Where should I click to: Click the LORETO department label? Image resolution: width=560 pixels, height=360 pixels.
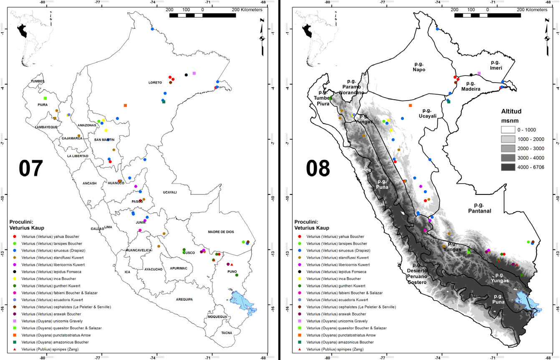click(155, 83)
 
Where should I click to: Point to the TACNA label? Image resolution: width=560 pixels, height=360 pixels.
click(227, 332)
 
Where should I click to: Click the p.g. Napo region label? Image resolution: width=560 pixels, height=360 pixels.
click(419, 67)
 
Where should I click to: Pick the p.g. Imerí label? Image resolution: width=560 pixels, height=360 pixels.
click(497, 65)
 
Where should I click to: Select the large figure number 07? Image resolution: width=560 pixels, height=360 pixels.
click(31, 168)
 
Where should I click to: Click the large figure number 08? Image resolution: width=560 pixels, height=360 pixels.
click(318, 168)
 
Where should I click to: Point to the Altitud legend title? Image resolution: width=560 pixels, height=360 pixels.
click(511, 111)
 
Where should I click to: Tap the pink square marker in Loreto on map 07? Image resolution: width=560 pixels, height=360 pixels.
click(194, 73)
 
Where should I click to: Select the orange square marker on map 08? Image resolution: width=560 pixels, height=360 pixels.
click(411, 106)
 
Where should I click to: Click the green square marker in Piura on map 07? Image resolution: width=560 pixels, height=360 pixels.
click(45, 98)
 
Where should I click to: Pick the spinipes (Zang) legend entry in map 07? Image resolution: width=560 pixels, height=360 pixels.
click(61, 349)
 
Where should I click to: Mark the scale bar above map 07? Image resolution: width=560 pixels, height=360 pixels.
click(202, 15)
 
